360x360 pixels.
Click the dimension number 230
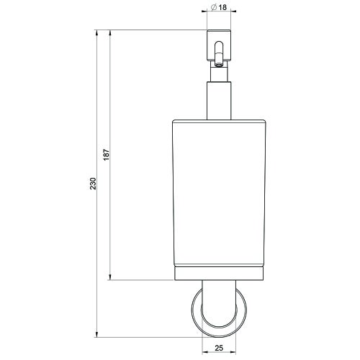coord(93,184)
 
